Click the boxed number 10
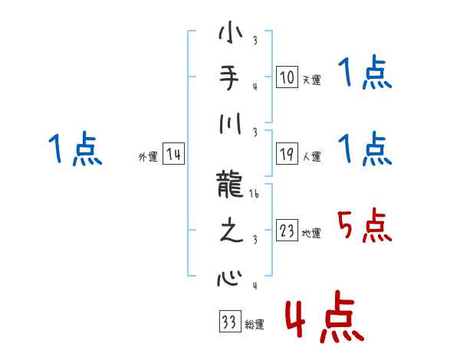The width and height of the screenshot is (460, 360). coord(287,77)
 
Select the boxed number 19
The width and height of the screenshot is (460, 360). coord(287,154)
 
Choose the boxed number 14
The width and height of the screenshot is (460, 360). coord(173,154)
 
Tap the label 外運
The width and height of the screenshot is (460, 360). coord(148,157)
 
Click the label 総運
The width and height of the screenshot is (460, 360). coord(255,325)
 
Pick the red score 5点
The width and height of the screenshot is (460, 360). coord(365,227)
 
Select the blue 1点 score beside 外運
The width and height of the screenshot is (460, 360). coord(75,149)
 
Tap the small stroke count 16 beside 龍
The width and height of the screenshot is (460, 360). coord(255,197)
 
